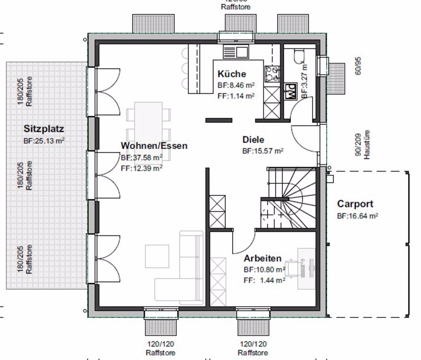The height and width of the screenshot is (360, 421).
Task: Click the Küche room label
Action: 232,74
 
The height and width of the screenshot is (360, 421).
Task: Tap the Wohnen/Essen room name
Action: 154,146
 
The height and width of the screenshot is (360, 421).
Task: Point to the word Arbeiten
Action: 263,259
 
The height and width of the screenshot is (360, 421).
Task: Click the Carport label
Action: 355,204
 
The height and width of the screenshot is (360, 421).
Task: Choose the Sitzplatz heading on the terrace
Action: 44,129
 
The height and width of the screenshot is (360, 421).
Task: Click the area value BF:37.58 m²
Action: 141,158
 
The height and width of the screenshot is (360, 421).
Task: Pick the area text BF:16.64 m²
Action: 357,216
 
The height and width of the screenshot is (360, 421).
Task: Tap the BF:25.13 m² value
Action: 44,141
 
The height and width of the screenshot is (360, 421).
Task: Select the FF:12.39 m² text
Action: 141,168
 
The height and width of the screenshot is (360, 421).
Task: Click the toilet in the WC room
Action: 299,56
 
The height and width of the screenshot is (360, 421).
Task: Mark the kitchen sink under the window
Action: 236,52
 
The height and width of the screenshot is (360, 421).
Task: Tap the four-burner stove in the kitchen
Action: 272,74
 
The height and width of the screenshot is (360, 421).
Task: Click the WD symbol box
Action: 290,91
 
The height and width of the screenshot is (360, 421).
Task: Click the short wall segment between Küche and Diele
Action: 218,120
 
